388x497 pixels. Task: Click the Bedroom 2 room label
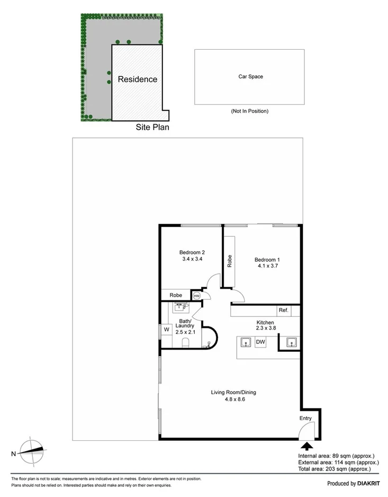(192, 252)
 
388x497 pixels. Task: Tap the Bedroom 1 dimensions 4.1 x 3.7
(267, 267)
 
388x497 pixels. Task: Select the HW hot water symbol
(197, 296)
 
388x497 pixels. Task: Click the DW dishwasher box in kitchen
(260, 343)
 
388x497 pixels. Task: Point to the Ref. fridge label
(283, 310)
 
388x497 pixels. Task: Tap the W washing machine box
(166, 330)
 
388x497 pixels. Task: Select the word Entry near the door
(306, 419)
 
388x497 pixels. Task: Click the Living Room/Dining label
(233, 392)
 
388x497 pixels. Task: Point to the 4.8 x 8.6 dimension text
(233, 400)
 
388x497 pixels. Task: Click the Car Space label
(250, 77)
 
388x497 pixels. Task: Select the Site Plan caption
(152, 127)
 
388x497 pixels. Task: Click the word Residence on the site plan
(137, 79)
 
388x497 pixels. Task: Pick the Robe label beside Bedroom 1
(230, 261)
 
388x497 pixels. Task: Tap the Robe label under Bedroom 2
(176, 295)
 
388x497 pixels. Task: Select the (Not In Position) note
(250, 111)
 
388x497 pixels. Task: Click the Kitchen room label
(265, 323)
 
